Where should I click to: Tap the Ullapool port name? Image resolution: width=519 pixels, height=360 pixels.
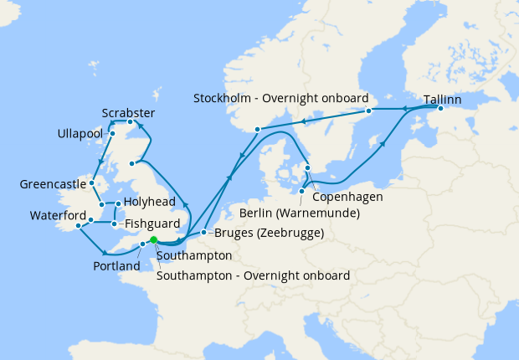pyautogui.click(x=80, y=134)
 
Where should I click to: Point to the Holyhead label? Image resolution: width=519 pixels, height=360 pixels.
pyautogui.click(x=151, y=203)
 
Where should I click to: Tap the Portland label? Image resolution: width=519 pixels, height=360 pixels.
pyautogui.click(x=116, y=266)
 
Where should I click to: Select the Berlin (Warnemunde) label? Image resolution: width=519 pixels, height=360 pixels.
pyautogui.click(x=300, y=213)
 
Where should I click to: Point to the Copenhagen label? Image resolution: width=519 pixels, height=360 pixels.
pyautogui.click(x=347, y=197)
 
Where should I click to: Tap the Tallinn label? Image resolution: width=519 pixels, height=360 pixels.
pyautogui.click(x=441, y=99)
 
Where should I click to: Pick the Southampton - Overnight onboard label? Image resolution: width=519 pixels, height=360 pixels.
pyautogui.click(x=253, y=275)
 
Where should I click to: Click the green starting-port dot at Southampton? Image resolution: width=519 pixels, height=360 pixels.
pyautogui.click(x=153, y=240)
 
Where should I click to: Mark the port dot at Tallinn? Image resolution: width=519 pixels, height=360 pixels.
pyautogui.click(x=440, y=109)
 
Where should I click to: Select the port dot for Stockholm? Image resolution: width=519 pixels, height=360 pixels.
pyautogui.click(x=368, y=111)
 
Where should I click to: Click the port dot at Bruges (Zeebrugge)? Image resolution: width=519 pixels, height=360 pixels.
pyautogui.click(x=204, y=232)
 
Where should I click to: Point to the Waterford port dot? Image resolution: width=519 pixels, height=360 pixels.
pyautogui.click(x=79, y=225)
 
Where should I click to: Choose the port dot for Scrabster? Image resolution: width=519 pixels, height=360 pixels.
pyautogui.click(x=130, y=123)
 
